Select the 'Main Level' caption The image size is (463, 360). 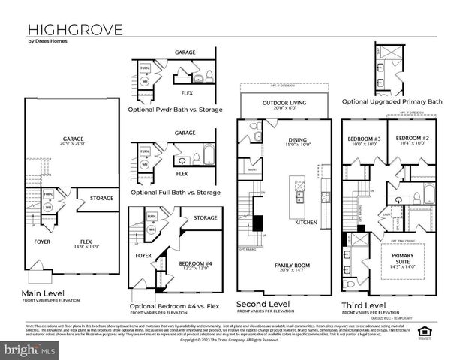(43, 293)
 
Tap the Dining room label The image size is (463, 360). (298, 141)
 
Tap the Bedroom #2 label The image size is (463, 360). (411, 140)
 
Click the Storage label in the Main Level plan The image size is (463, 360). (102, 199)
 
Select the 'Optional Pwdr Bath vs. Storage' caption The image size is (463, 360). (175, 109)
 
